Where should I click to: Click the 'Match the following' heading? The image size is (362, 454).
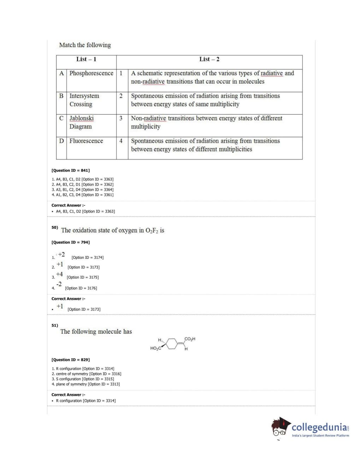pyautogui.click(x=85, y=45)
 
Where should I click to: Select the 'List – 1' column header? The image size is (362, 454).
pyautogui.click(x=86, y=59)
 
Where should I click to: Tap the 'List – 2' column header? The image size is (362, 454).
pyautogui.click(x=209, y=59)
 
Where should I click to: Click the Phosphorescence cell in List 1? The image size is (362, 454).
pyautogui.click(x=91, y=73)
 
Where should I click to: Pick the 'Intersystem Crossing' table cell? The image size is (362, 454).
pyautogui.click(x=84, y=100)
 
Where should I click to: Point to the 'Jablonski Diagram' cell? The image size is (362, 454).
pyautogui.click(x=81, y=122)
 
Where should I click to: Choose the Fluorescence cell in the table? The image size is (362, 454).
pyautogui.click(x=86, y=141)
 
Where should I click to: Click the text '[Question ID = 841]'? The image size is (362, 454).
pyautogui.click(x=71, y=170)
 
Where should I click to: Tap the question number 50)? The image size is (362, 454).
pyautogui.click(x=54, y=227)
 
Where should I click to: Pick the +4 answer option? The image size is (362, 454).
pyautogui.click(x=59, y=274)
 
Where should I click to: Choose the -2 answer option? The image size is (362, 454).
pyautogui.click(x=59, y=284)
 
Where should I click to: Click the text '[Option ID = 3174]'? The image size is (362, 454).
pyautogui.click(x=88, y=258)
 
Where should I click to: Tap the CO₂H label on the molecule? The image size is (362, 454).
pyautogui.click(x=190, y=339)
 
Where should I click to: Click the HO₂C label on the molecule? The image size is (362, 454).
pyautogui.click(x=156, y=349)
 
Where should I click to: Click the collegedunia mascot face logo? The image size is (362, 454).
pyautogui.click(x=280, y=427)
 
